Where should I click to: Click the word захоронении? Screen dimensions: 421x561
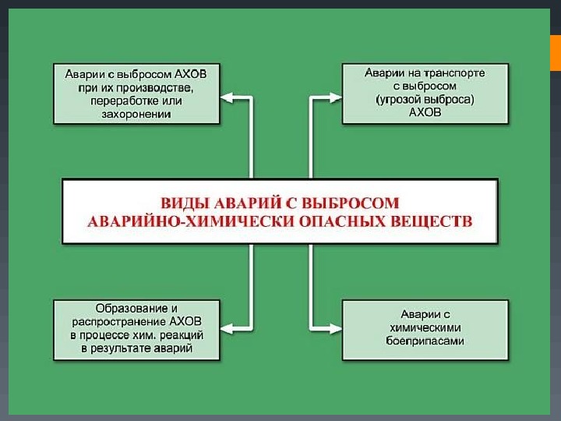pyautogui.click(x=136, y=114)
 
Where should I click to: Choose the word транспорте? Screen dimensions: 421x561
pyautogui.click(x=454, y=73)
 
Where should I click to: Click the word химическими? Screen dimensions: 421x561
pyautogui.click(x=425, y=328)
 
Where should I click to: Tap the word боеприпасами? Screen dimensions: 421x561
pyautogui.click(x=425, y=341)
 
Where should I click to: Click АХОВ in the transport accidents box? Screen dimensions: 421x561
pyautogui.click(x=425, y=113)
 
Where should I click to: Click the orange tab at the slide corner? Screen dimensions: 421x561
pyautogui.click(x=556, y=52)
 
